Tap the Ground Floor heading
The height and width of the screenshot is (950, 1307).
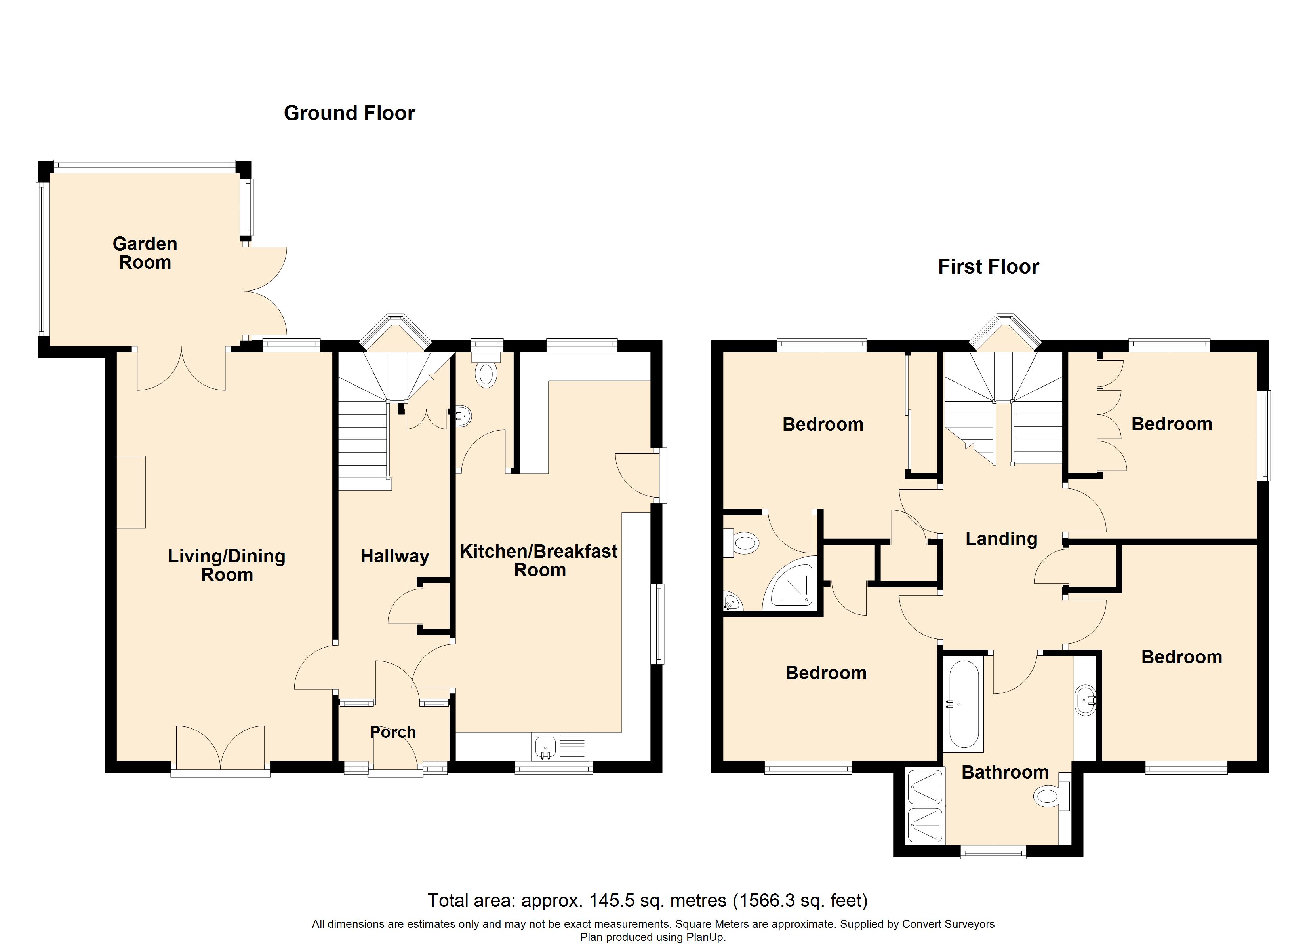[x=349, y=113]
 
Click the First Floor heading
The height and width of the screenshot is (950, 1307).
[x=988, y=267]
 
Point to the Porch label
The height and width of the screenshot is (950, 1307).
[x=392, y=732]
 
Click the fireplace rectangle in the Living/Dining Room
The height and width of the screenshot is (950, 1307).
[x=131, y=492]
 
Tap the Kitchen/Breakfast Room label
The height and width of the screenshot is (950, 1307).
[x=539, y=560]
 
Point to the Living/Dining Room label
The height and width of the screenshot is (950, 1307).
[x=227, y=565]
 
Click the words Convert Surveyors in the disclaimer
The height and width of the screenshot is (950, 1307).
[x=948, y=924]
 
